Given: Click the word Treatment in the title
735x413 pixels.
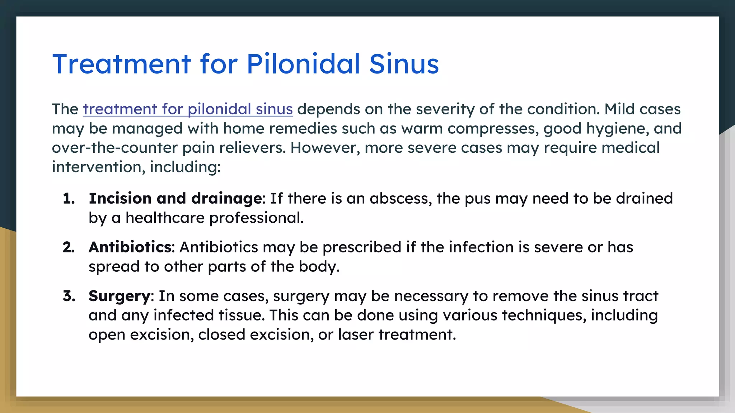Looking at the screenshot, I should click(121, 64).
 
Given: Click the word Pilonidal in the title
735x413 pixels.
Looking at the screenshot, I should click(303, 64).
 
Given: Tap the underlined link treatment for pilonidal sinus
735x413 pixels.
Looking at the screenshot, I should click(188, 109).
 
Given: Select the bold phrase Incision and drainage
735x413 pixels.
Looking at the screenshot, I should click(175, 199).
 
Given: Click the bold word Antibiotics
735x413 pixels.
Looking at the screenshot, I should click(130, 247).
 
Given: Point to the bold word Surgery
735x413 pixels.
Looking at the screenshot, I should click(120, 296).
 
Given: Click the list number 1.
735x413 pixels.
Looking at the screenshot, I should click(68, 199).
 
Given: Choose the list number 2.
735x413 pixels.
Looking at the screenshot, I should click(68, 247).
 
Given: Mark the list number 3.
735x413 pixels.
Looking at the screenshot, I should click(68, 296).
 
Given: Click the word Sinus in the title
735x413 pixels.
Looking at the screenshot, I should click(404, 64).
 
